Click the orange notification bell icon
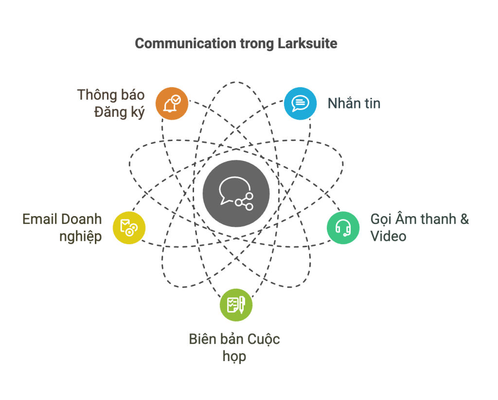point(172,104)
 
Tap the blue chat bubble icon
point(300,103)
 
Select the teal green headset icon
point(343,228)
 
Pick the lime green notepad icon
point(236,305)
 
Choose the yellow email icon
point(129,227)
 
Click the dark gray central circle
point(236,193)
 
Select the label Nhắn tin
point(354,103)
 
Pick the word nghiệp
point(80,236)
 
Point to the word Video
point(388,236)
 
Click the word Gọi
point(381,219)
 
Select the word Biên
point(202,339)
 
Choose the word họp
point(234,356)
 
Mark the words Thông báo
point(110,94)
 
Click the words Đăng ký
point(119,112)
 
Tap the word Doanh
point(82,219)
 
